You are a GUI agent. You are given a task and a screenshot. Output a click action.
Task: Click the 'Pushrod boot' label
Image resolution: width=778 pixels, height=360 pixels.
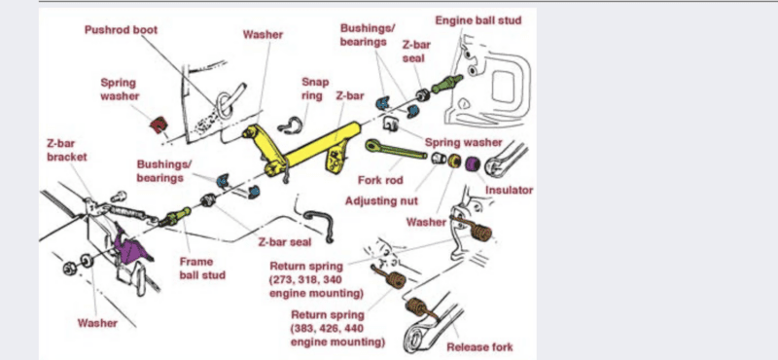121,30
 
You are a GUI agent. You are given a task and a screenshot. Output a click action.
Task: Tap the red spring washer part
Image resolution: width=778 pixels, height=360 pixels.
159,125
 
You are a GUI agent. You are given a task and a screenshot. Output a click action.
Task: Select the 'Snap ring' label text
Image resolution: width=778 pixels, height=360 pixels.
314,89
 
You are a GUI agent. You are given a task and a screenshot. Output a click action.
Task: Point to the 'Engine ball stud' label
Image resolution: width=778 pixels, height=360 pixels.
478,20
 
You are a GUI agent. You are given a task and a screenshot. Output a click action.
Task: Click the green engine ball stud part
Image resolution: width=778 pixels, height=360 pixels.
447,84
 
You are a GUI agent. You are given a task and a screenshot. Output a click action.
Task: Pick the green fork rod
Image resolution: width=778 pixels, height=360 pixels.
396,150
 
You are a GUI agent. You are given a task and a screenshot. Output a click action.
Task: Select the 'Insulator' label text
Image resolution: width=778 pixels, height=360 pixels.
509,190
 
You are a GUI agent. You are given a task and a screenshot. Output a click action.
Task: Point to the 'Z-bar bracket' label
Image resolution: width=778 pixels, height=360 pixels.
66,151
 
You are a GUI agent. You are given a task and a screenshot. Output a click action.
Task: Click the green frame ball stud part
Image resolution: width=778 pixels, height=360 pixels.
177,217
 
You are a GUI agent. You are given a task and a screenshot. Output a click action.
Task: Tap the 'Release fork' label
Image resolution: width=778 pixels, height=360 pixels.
479,346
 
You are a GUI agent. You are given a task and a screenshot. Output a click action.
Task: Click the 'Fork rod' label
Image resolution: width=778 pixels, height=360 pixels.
380,179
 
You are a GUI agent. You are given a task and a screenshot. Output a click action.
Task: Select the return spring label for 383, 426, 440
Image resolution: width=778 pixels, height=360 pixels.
336,328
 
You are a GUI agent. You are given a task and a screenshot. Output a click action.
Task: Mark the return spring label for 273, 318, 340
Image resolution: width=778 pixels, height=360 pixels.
316,279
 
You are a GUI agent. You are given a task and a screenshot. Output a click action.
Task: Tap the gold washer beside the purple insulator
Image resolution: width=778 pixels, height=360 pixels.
454,161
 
